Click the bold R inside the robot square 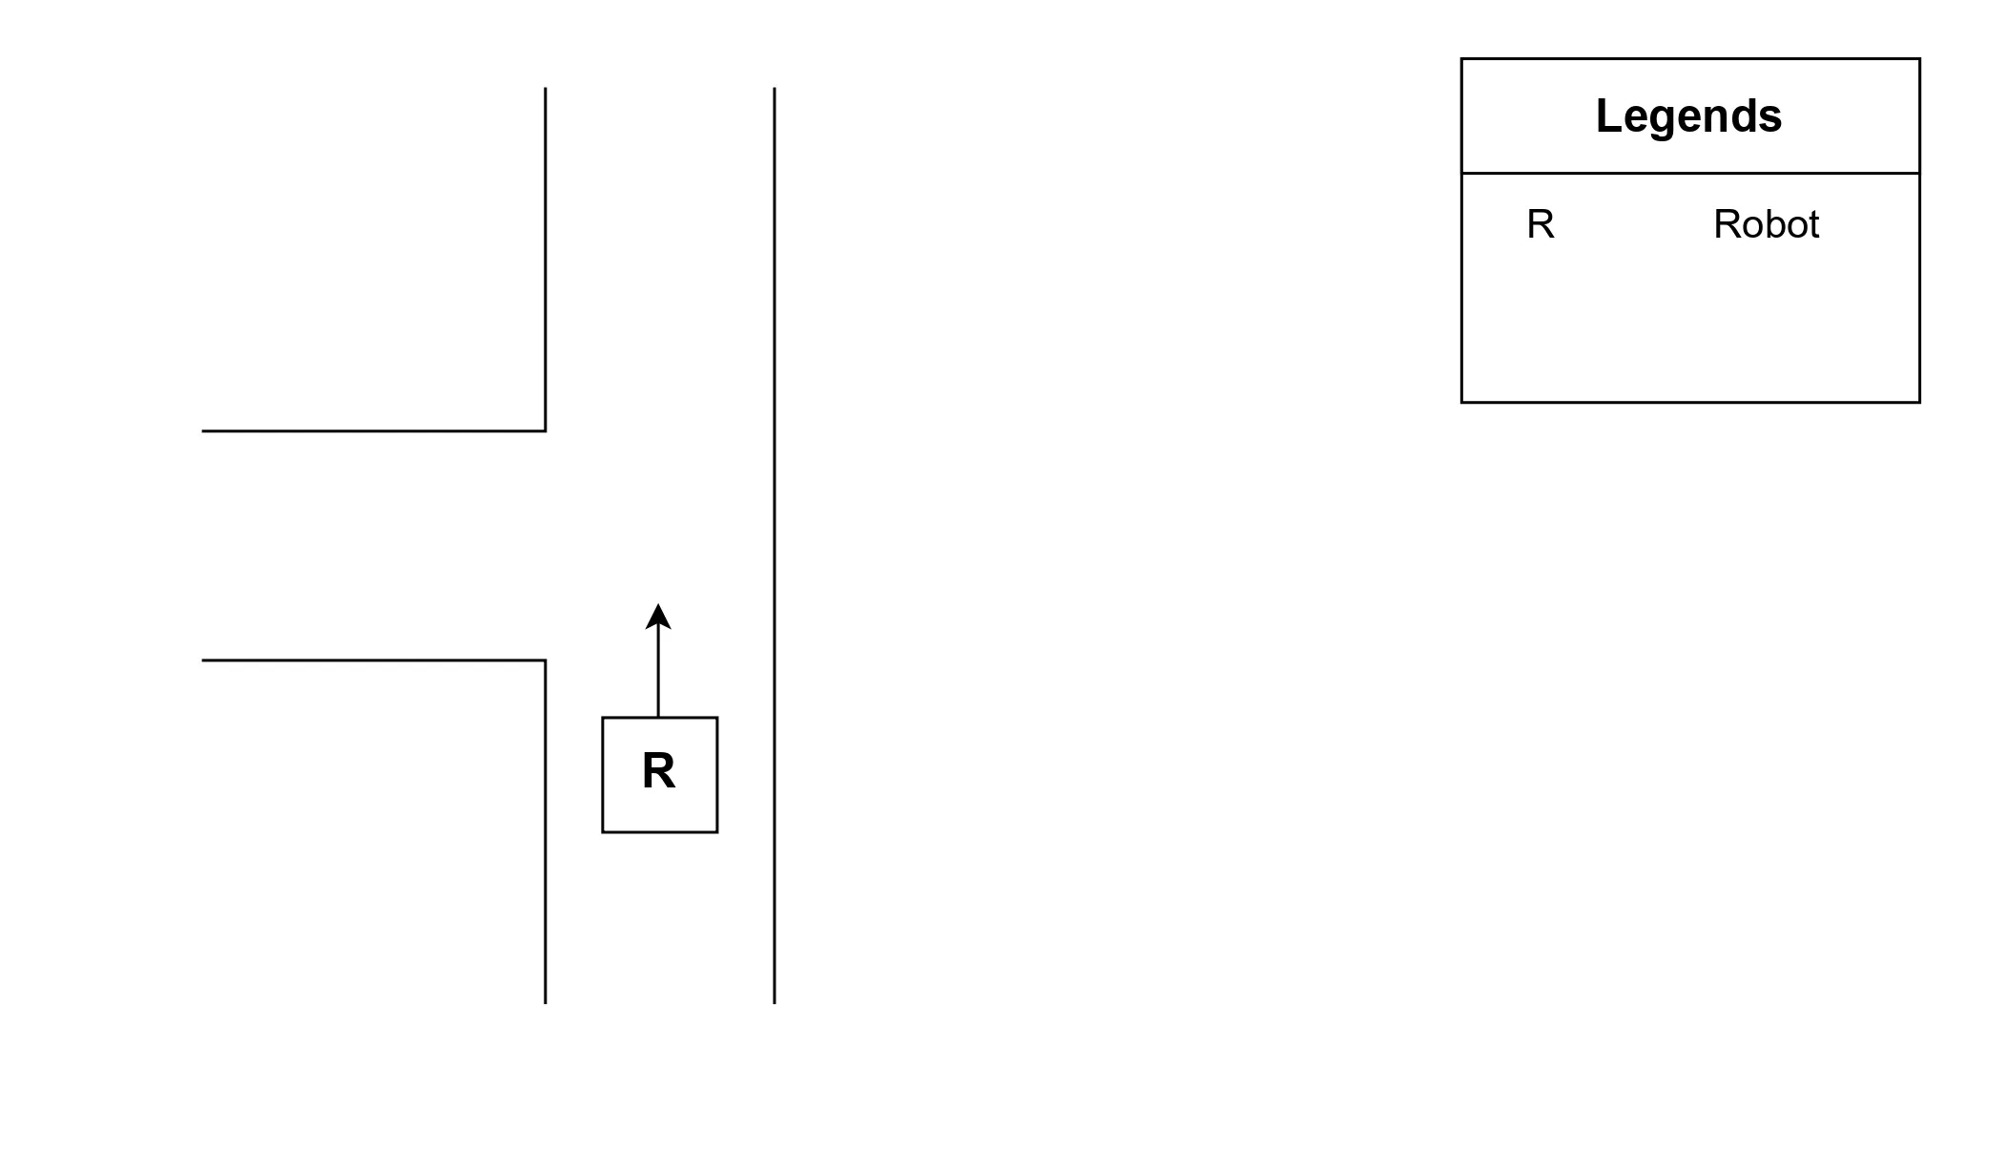[658, 771]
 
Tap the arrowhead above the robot [658, 617]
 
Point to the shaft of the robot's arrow [658, 673]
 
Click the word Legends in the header [1688, 116]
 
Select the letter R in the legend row [1541, 225]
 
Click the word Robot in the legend [1766, 225]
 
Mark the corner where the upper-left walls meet [545, 430]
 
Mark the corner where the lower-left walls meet [545, 660]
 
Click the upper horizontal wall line [372, 430]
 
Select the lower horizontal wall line [372, 660]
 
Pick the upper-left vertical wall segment [545, 258]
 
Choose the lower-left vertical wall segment [545, 830]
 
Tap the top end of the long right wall [774, 90]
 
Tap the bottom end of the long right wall [774, 1001]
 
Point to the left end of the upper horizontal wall [204, 430]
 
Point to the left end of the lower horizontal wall [204, 660]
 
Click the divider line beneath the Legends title [1690, 173]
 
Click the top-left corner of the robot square [603, 718]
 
